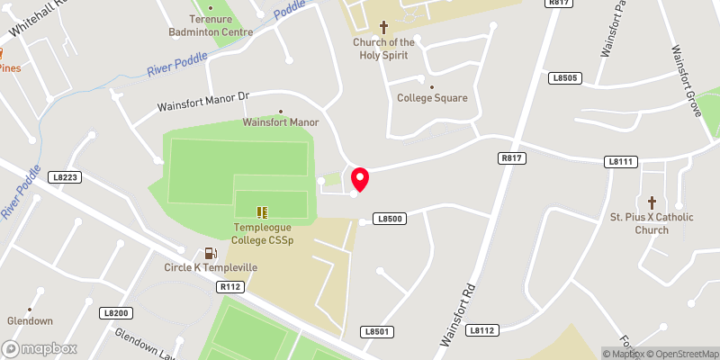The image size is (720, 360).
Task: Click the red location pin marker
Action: pyautogui.click(x=360, y=179)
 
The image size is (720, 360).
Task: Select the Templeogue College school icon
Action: pyautogui.click(x=263, y=212)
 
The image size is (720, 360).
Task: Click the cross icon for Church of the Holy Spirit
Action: pyautogui.click(x=383, y=27)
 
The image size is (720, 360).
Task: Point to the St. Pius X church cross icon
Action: pyautogui.click(x=652, y=202)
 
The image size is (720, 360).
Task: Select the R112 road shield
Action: pyautogui.click(x=231, y=286)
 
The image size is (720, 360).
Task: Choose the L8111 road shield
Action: pyautogui.click(x=622, y=161)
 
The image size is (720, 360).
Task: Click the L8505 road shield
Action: pyautogui.click(x=567, y=78)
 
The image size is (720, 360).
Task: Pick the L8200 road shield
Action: pyautogui.click(x=117, y=313)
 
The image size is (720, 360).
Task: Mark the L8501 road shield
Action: pyautogui.click(x=379, y=332)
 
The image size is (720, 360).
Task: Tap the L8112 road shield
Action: pyautogui.click(x=482, y=330)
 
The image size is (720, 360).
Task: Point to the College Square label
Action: pyautogui.click(x=432, y=98)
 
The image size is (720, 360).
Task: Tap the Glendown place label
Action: pyautogui.click(x=31, y=320)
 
